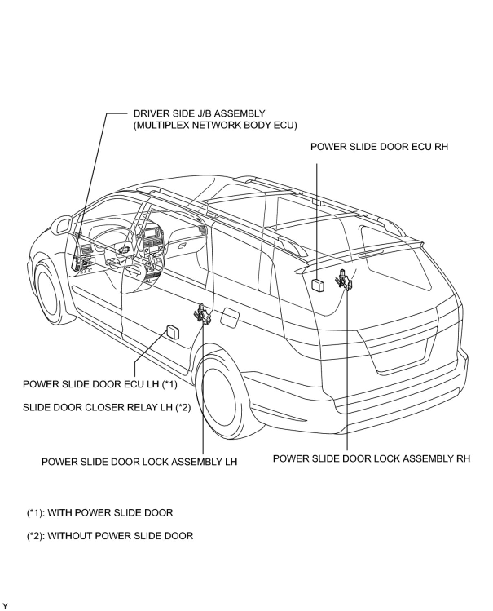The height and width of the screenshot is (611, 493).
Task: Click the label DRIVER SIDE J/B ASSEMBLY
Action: point(199,113)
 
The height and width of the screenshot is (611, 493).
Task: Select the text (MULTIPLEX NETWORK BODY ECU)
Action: point(215,125)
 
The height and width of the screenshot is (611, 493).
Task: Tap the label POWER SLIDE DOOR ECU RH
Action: point(379,147)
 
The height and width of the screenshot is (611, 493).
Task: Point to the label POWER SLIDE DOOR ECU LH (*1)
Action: point(100,384)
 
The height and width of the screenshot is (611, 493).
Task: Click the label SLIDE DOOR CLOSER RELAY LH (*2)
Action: point(107,407)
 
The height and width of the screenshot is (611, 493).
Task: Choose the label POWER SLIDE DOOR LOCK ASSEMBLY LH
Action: point(139,462)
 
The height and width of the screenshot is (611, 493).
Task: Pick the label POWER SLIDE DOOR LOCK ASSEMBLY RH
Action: point(371,458)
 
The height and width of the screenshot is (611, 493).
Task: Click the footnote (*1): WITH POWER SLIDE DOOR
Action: point(100,513)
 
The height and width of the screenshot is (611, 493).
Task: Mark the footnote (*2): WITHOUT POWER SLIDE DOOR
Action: point(110,536)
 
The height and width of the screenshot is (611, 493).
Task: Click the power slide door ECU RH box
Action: point(318,285)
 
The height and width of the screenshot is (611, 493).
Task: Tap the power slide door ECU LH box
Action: point(173,331)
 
